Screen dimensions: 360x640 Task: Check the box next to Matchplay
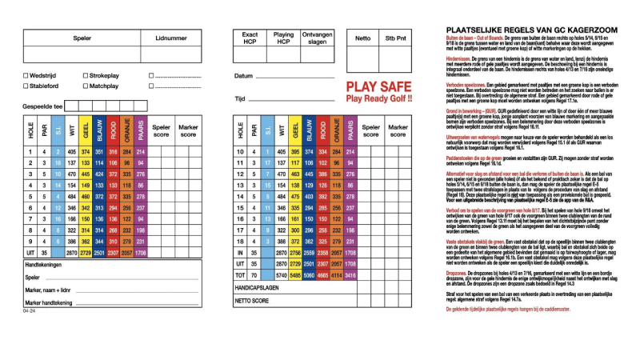tap(85, 86)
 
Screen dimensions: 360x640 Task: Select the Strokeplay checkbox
tap(85, 76)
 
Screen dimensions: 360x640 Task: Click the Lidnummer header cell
tap(171, 38)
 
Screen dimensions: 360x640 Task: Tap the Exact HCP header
tap(250, 38)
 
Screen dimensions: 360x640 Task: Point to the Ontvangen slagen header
tap(318, 38)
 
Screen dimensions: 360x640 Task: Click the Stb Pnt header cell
tap(395, 38)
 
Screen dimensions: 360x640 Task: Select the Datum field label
tap(243, 76)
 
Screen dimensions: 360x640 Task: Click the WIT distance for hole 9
tap(72, 241)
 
